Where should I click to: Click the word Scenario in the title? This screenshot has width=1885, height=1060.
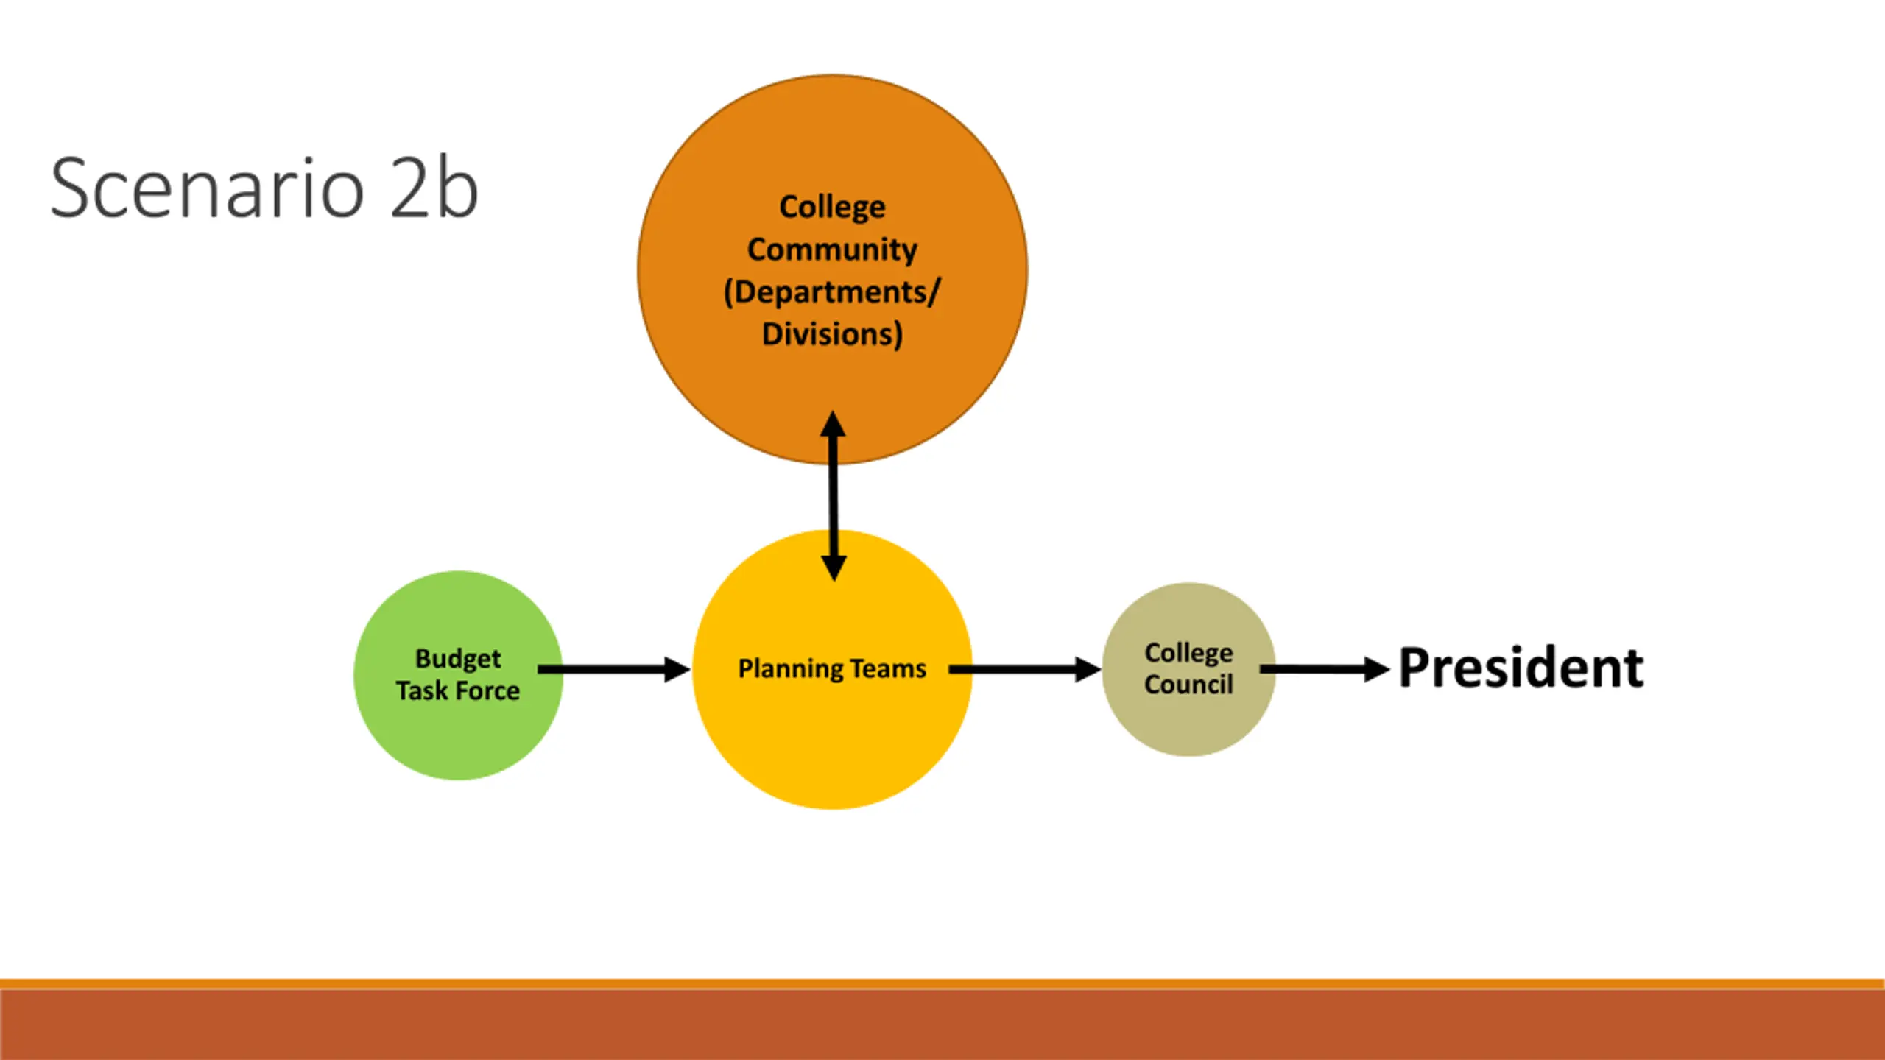tap(208, 188)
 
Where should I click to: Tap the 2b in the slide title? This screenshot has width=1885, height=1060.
tap(434, 188)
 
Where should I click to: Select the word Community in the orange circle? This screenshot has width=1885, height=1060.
tap(832, 250)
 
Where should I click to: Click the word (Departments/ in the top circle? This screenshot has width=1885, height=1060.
tap(832, 292)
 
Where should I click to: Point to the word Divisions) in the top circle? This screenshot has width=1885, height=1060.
tap(832, 334)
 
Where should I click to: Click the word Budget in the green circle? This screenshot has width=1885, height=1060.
tap(458, 660)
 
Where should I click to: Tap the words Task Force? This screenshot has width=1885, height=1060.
tap(458, 690)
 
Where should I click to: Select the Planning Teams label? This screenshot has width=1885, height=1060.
tap(832, 669)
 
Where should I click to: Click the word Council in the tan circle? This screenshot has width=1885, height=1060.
tap(1188, 685)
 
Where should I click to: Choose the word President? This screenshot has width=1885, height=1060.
tap(1521, 668)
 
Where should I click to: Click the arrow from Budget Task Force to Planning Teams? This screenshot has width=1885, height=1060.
tap(613, 669)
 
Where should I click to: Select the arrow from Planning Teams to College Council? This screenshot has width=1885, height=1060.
tap(1024, 669)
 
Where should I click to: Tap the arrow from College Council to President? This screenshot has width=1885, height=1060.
tap(1325, 669)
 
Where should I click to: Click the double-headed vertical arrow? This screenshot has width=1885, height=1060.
tap(833, 496)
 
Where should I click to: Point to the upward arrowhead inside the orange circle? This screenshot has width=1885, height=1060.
tap(833, 424)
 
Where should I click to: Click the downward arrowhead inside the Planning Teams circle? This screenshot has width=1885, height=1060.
tap(834, 569)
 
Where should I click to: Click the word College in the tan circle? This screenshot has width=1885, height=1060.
tap(1188, 654)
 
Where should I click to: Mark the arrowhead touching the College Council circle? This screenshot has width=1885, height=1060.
tap(1088, 669)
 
